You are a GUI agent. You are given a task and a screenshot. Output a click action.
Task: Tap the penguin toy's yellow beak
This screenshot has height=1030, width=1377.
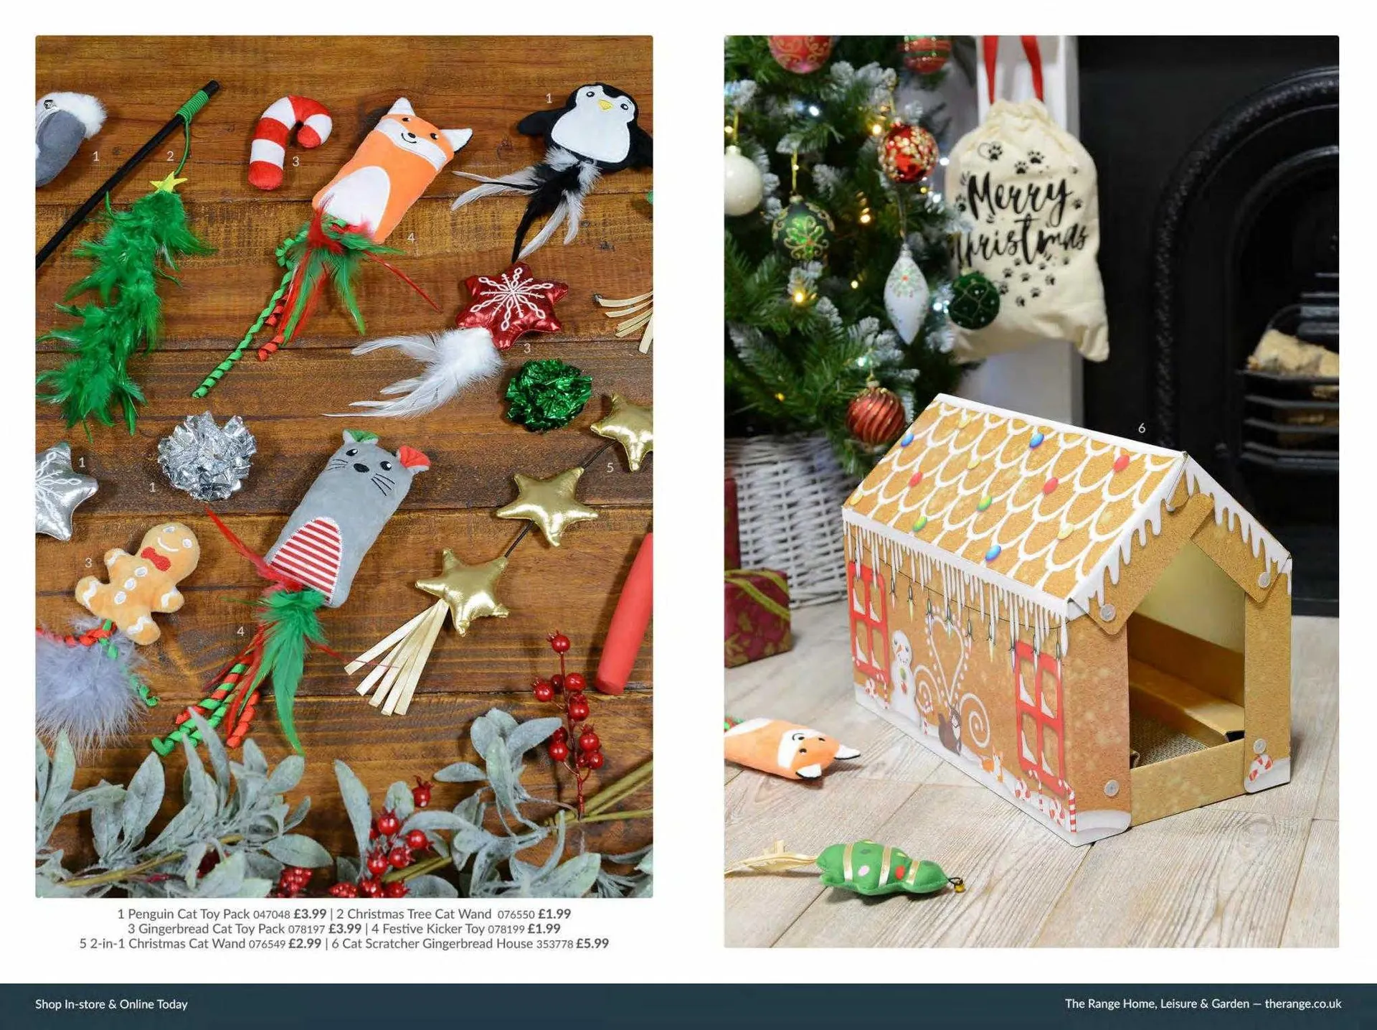607,105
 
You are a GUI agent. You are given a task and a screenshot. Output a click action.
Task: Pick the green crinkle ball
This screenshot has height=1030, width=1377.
548,394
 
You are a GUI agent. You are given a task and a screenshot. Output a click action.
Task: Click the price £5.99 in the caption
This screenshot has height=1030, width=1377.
592,944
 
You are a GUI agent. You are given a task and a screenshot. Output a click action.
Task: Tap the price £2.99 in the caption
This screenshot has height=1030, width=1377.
304,944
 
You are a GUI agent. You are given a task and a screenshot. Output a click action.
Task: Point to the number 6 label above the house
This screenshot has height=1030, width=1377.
1142,429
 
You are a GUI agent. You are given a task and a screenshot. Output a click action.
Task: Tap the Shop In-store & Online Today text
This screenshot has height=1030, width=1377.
111,1004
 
